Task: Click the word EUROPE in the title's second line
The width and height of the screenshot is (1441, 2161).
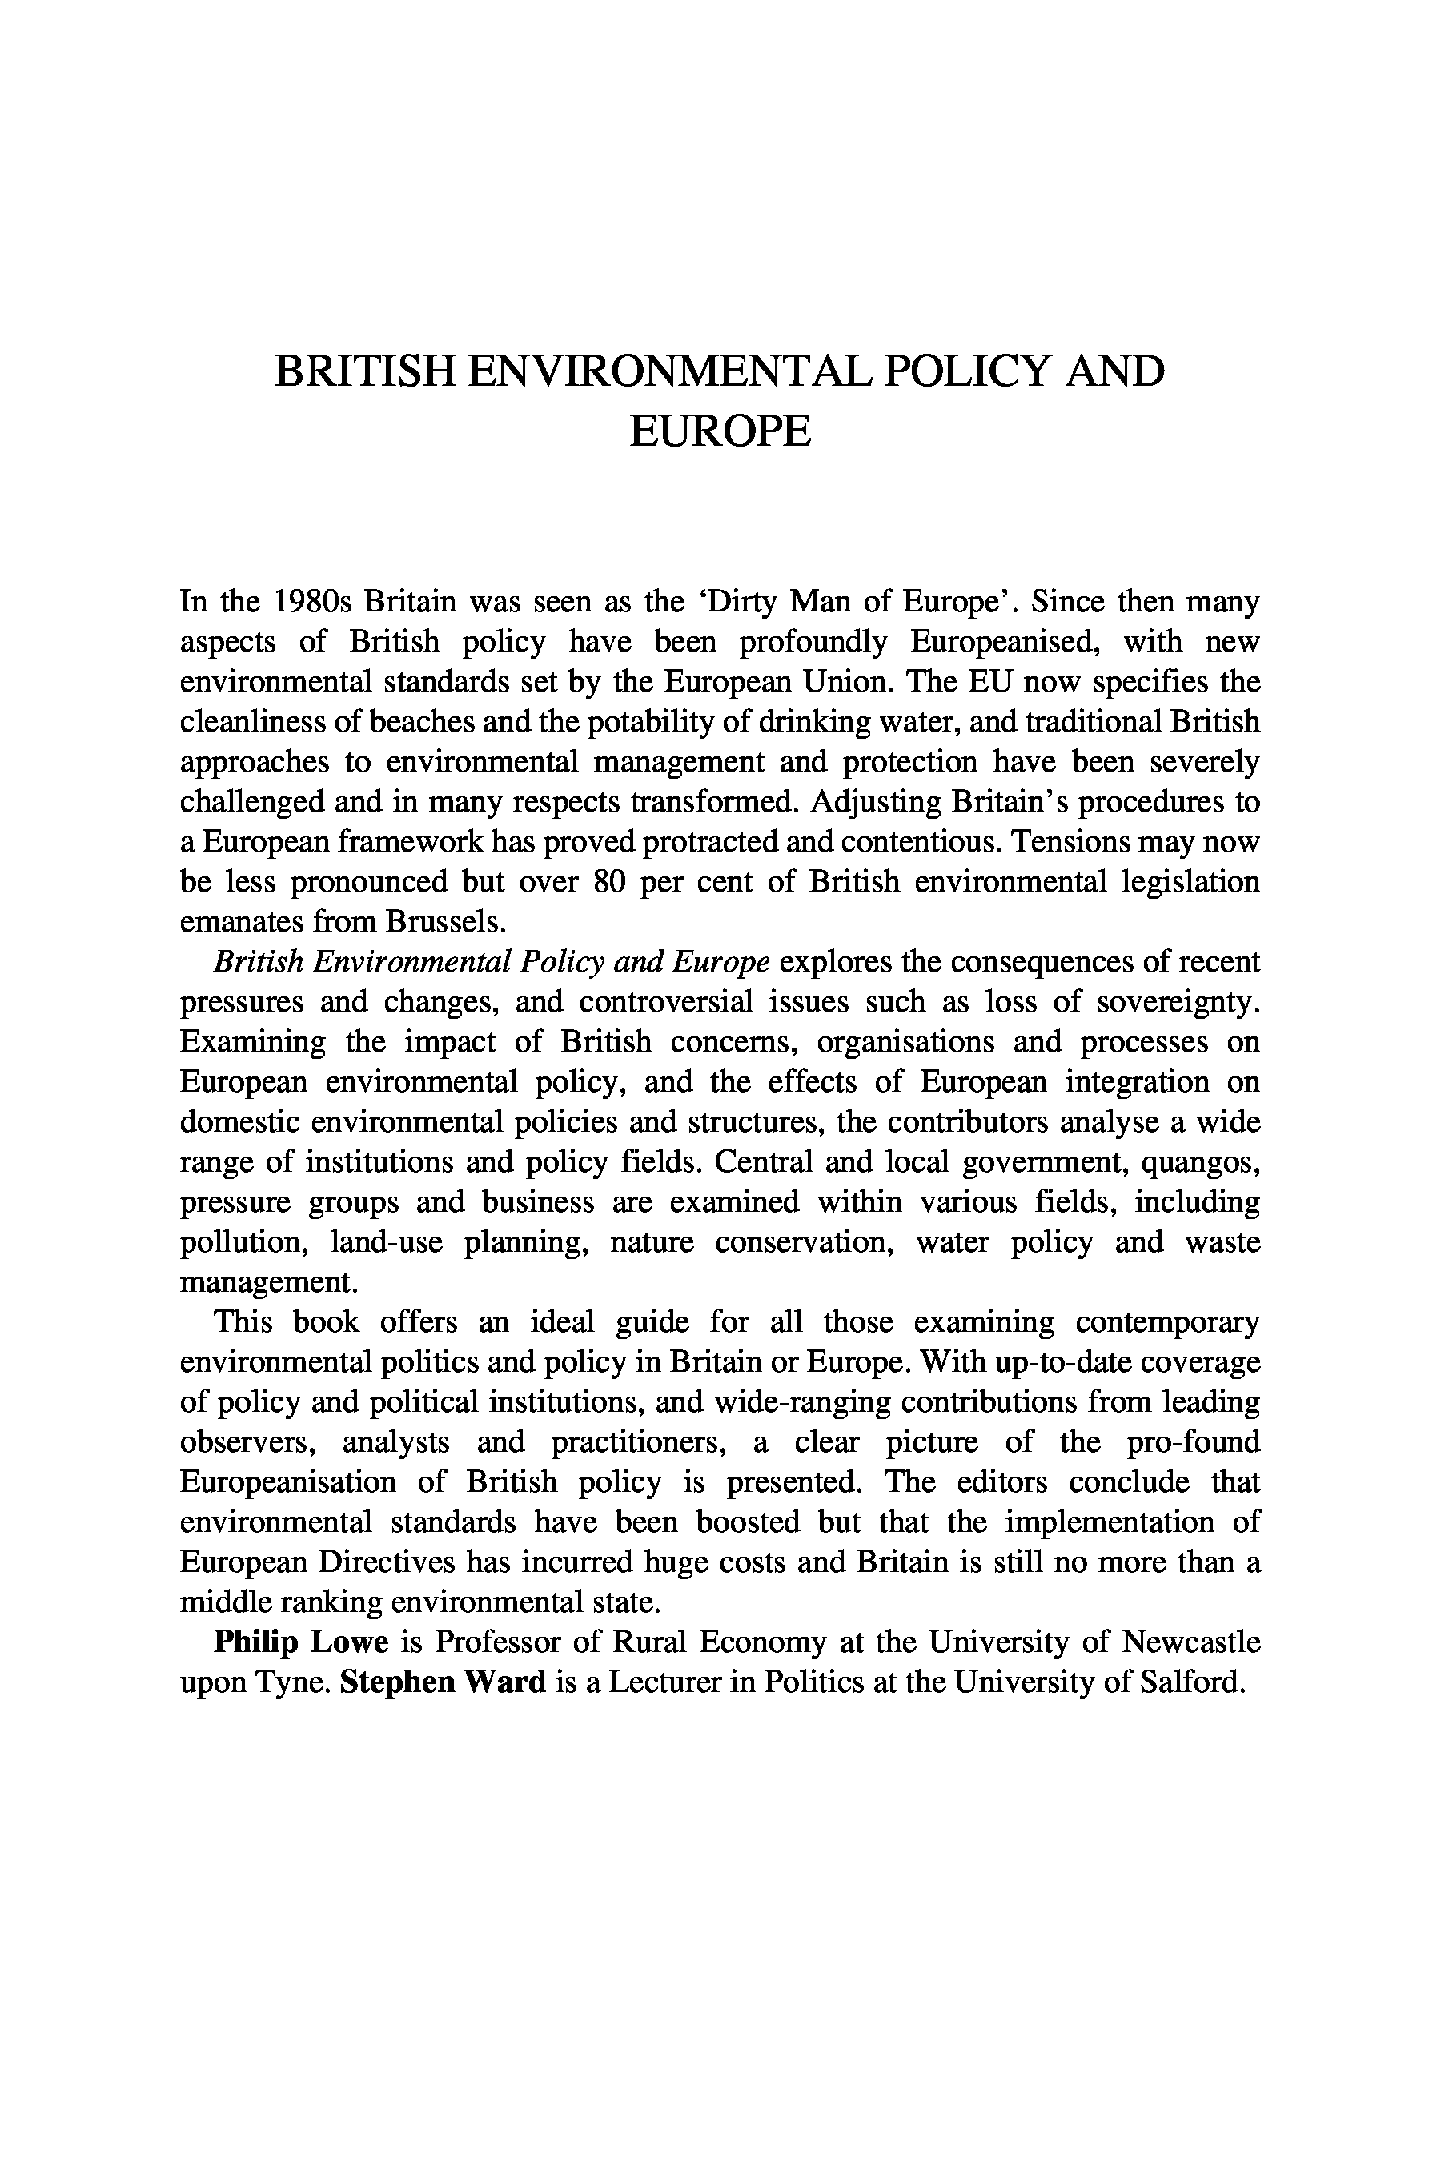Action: click(720, 432)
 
